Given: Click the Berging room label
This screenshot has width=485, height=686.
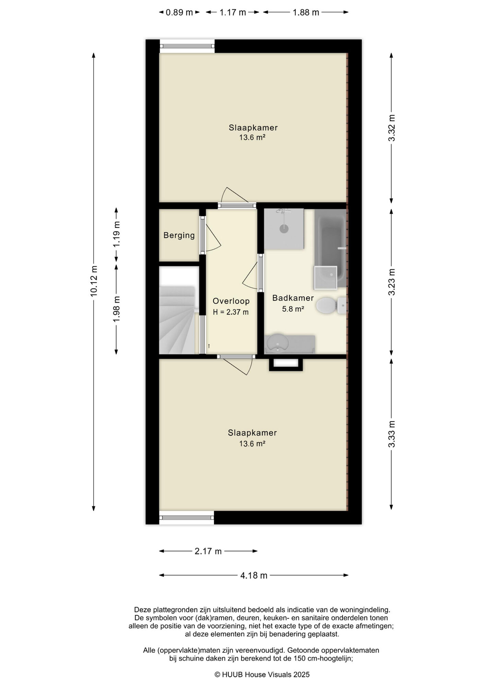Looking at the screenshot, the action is [x=179, y=235].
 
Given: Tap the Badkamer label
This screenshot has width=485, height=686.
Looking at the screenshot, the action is [x=293, y=298].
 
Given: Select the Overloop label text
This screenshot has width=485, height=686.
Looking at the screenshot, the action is [x=231, y=301].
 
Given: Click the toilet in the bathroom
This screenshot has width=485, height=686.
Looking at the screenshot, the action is [x=331, y=305].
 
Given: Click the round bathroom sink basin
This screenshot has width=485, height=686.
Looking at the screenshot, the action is [x=277, y=343].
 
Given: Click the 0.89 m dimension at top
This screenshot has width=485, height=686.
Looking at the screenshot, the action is [x=179, y=13].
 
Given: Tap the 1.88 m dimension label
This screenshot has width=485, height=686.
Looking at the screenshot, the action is [x=306, y=13].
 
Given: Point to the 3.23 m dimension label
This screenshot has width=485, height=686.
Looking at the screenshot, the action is [x=392, y=282].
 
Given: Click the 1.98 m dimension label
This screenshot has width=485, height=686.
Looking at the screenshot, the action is [x=117, y=309].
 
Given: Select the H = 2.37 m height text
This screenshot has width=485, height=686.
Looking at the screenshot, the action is [x=231, y=312].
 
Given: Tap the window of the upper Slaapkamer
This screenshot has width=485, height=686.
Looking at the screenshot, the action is [x=187, y=46].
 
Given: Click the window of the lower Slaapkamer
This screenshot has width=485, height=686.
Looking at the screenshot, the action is [x=187, y=518].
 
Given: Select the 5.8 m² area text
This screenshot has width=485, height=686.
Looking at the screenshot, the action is [x=293, y=309].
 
